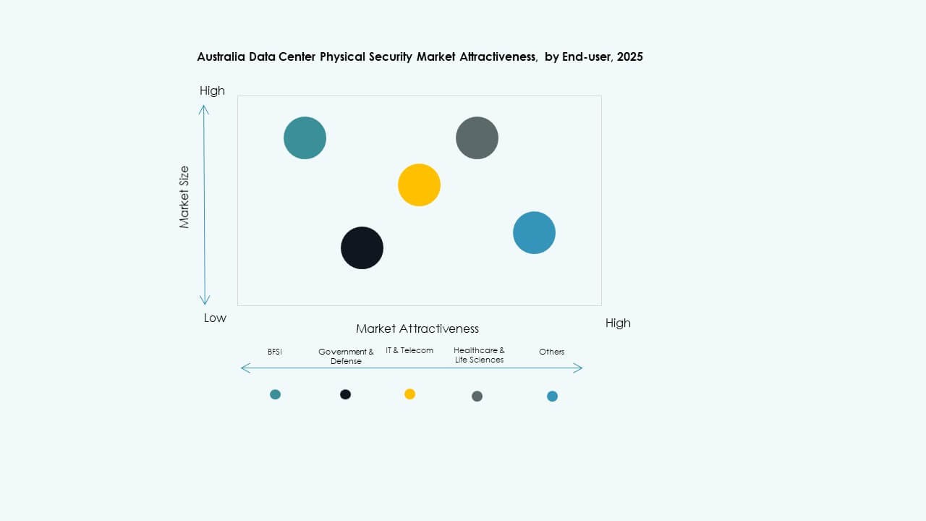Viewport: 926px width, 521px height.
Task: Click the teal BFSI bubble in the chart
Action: (305, 137)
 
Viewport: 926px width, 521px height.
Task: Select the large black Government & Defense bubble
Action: (362, 247)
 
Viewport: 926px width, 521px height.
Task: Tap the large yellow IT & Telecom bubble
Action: (419, 185)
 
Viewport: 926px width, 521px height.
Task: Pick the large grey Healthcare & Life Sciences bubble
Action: (477, 137)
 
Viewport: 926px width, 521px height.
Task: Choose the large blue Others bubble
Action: (534, 233)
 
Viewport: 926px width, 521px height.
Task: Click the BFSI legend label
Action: (274, 352)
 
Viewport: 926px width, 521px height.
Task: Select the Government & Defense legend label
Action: (346, 356)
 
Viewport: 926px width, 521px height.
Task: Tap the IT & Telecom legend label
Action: (409, 350)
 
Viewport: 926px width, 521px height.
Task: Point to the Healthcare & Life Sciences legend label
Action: (479, 355)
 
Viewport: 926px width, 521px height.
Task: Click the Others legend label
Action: (551, 352)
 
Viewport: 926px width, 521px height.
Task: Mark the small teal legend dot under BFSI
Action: (275, 394)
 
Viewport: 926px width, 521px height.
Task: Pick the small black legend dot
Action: (346, 394)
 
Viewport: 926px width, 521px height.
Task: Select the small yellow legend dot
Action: (409, 394)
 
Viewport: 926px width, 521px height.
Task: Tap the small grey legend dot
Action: (477, 396)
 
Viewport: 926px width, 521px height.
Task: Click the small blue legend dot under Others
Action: (552, 396)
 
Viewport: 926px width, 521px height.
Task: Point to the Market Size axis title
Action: (184, 197)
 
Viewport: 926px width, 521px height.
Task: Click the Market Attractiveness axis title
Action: (417, 329)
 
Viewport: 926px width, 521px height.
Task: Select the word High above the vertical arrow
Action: (212, 90)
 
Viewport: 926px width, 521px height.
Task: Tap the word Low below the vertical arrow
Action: (215, 318)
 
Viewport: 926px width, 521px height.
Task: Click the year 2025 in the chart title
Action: (629, 56)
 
